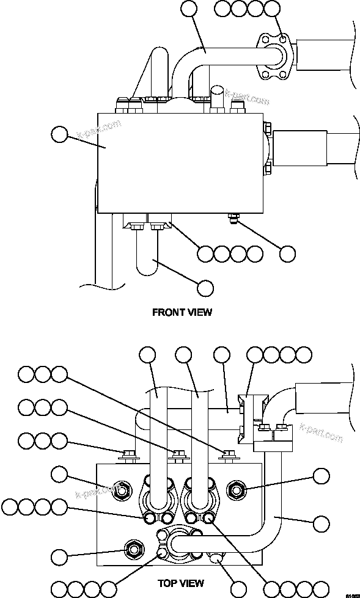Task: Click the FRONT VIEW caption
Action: tap(182, 312)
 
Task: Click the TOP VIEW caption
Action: tap(180, 584)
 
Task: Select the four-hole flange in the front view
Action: tap(273, 56)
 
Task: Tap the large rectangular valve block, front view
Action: tap(177, 162)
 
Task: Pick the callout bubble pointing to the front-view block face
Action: tap(59, 134)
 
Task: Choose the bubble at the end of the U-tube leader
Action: tap(206, 288)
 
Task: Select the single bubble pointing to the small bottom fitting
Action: tap(287, 253)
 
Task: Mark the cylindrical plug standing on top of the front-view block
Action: tap(218, 98)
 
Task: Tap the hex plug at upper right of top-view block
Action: tap(236, 488)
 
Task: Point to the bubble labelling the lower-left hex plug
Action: tap(59, 556)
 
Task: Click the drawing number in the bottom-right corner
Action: tap(352, 594)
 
